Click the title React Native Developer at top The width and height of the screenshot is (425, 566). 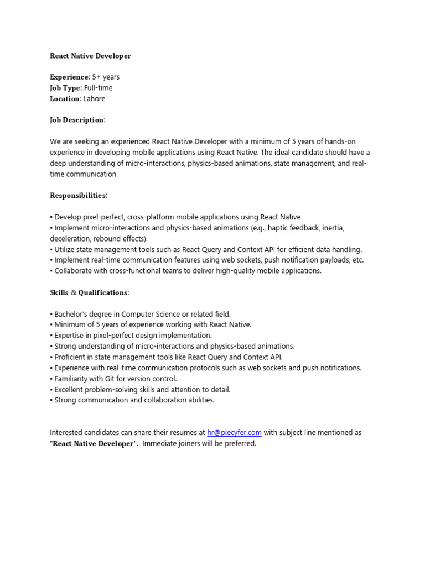[x=91, y=56]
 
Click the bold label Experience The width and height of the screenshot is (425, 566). [x=69, y=77]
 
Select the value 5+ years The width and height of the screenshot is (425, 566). [x=106, y=77]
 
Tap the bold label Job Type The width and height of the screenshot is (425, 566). [x=65, y=88]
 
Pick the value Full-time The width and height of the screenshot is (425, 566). [x=99, y=88]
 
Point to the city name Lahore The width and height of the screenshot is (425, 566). [x=94, y=99]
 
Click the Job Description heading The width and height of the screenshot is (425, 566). [x=77, y=120]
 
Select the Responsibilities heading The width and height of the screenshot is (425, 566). [x=78, y=196]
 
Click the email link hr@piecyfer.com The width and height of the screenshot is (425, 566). [x=234, y=433]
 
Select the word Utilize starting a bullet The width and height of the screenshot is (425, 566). [x=66, y=249]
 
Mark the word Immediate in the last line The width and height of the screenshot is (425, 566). [x=160, y=444]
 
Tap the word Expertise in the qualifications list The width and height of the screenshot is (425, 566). [x=70, y=336]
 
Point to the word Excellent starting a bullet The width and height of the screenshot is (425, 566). [x=70, y=390]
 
